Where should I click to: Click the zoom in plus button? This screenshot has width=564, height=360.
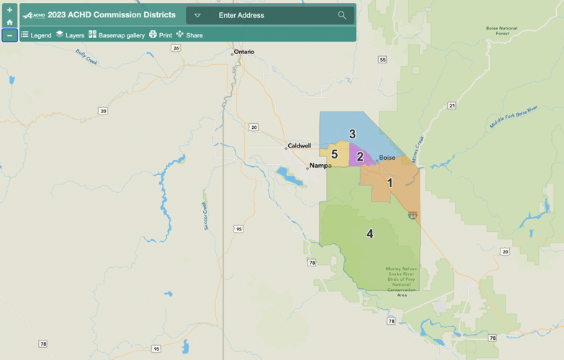pyautogui.click(x=9, y=10)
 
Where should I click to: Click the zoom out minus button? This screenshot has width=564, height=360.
pyautogui.click(x=9, y=35)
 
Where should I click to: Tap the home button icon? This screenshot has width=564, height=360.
pyautogui.click(x=9, y=22)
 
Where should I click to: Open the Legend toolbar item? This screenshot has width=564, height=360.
pyautogui.click(x=36, y=35)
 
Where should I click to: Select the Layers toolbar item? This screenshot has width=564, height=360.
pyautogui.click(x=70, y=35)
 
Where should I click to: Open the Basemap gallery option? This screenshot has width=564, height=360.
pyautogui.click(x=117, y=35)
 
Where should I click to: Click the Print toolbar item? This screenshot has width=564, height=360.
pyautogui.click(x=161, y=35)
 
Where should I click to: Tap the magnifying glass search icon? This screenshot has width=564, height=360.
pyautogui.click(x=342, y=15)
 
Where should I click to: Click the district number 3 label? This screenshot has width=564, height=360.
pyautogui.click(x=352, y=134)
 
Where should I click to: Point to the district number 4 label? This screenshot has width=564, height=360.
pyautogui.click(x=370, y=234)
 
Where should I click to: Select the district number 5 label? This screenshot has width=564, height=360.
pyautogui.click(x=334, y=155)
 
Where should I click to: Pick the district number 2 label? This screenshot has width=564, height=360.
pyautogui.click(x=360, y=157)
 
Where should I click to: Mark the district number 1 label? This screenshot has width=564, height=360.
pyautogui.click(x=390, y=183)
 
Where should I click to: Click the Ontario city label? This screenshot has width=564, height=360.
pyautogui.click(x=244, y=52)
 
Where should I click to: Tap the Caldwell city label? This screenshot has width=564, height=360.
pyautogui.click(x=299, y=145)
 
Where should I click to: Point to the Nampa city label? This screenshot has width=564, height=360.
pyautogui.click(x=320, y=166)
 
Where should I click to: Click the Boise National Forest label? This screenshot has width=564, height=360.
pyautogui.click(x=502, y=30)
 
